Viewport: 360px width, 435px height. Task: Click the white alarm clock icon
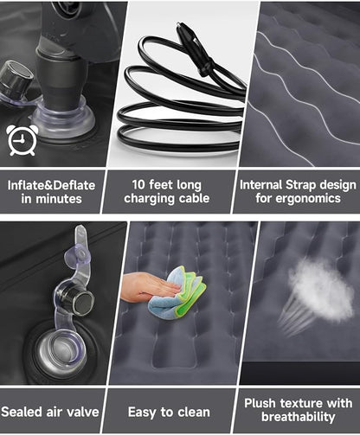(22, 140)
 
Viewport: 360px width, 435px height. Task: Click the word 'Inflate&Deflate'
(51, 185)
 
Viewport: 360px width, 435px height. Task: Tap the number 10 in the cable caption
(138, 184)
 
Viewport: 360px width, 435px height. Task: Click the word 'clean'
(194, 413)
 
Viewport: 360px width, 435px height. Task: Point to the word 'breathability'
(299, 417)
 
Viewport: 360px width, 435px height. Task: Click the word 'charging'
(149, 199)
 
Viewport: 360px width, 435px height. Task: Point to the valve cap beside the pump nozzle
(16, 79)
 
